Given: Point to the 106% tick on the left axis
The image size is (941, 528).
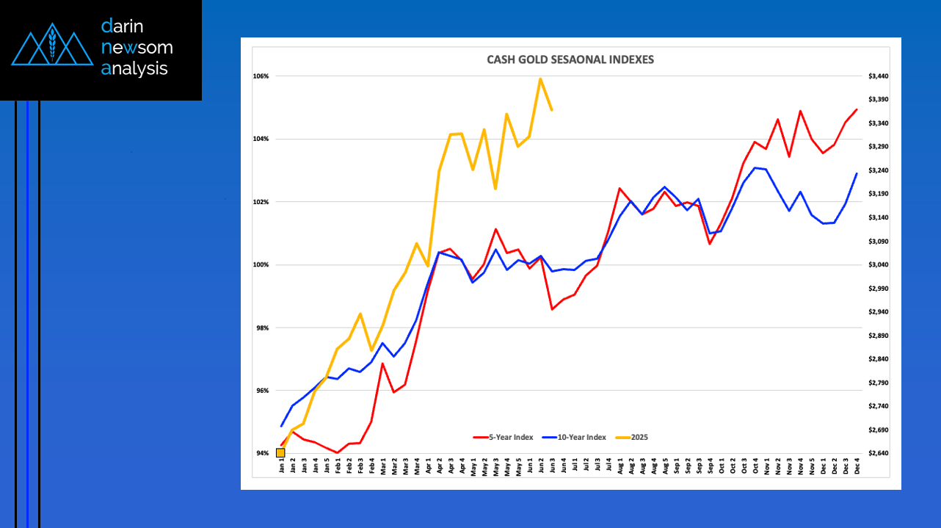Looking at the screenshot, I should pyautogui.click(x=261, y=76).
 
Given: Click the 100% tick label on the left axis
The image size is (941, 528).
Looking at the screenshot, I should pyautogui.click(x=261, y=265).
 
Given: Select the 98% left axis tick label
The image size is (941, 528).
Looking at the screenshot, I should pyautogui.click(x=262, y=328).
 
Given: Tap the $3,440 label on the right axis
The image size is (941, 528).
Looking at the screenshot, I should pyautogui.click(x=879, y=76).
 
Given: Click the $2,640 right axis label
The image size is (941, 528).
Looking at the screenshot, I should pyautogui.click(x=879, y=453).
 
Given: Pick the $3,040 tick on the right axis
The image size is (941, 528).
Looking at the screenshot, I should pyautogui.click(x=879, y=265).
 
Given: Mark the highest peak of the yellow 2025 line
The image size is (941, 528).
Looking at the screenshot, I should pyautogui.click(x=540, y=79).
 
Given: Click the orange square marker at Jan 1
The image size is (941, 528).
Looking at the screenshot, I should pyautogui.click(x=280, y=452).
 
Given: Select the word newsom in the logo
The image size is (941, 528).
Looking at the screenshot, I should pyautogui.click(x=137, y=48).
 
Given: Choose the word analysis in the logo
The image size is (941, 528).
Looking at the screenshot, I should pyautogui.click(x=135, y=69).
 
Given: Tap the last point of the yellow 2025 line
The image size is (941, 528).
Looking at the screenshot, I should pyautogui.click(x=551, y=110).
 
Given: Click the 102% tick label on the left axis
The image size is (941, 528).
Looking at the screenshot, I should pyautogui.click(x=261, y=202).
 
